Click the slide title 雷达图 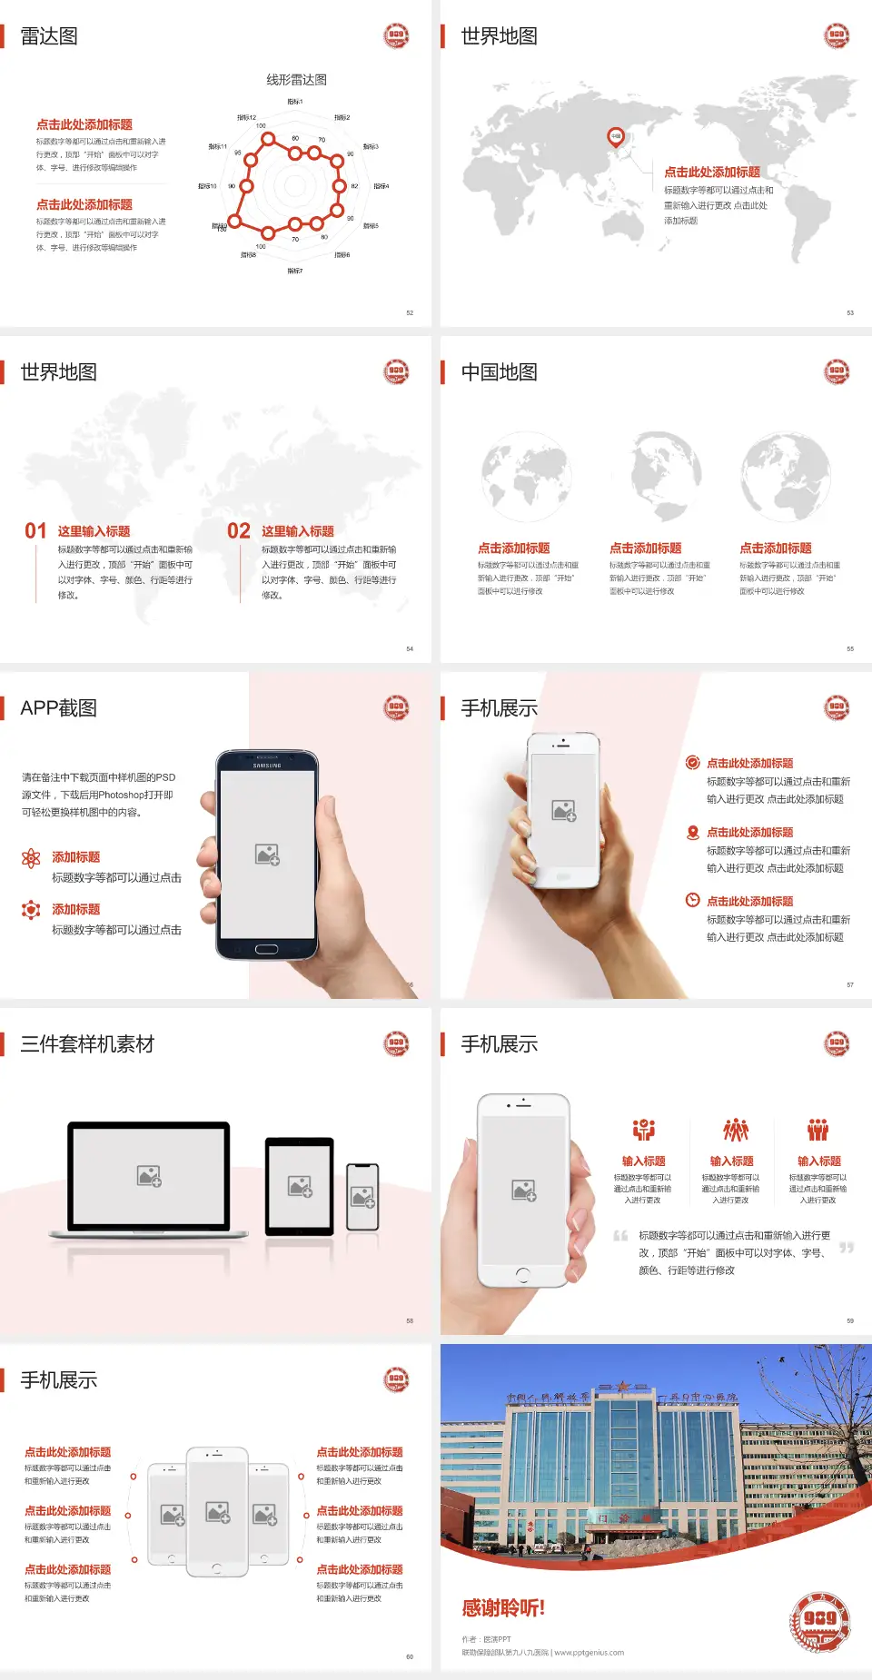click(x=49, y=36)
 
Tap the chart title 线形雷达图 click(x=296, y=80)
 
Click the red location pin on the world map click(x=616, y=137)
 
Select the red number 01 click(x=35, y=531)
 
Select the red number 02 click(x=239, y=531)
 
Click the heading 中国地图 click(x=499, y=372)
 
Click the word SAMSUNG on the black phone click(x=267, y=766)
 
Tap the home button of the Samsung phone click(x=266, y=949)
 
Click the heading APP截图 click(x=59, y=708)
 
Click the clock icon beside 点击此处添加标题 click(x=692, y=900)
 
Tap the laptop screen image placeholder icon click(x=149, y=1176)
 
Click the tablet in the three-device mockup click(x=299, y=1186)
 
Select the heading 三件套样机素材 click(x=87, y=1044)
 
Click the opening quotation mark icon click(x=620, y=1236)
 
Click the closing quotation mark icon click(x=847, y=1248)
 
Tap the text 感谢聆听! click(x=503, y=1608)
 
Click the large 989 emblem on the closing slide click(x=819, y=1619)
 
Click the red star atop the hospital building click(x=623, y=1387)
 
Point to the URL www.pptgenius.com click(x=589, y=1653)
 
